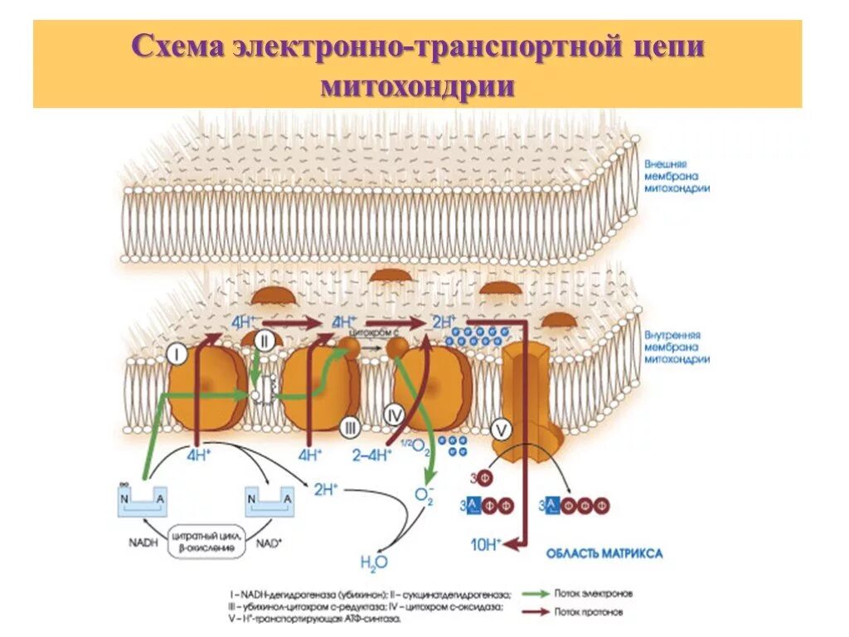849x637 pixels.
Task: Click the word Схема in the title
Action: [178, 47]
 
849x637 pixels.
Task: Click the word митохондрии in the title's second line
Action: [417, 86]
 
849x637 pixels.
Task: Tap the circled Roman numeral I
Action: [177, 355]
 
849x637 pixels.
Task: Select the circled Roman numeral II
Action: [264, 339]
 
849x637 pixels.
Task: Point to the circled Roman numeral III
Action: [350, 427]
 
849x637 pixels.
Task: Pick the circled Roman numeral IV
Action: [395, 412]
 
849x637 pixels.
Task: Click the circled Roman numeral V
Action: [500, 429]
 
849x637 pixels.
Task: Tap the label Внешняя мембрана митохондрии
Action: [677, 176]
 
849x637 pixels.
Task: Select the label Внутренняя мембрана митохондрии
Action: [677, 348]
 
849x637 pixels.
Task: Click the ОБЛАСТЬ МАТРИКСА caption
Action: [604, 553]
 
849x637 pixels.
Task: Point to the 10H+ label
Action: [484, 544]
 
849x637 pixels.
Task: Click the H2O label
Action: [370, 563]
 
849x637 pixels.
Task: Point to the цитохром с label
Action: [371, 332]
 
